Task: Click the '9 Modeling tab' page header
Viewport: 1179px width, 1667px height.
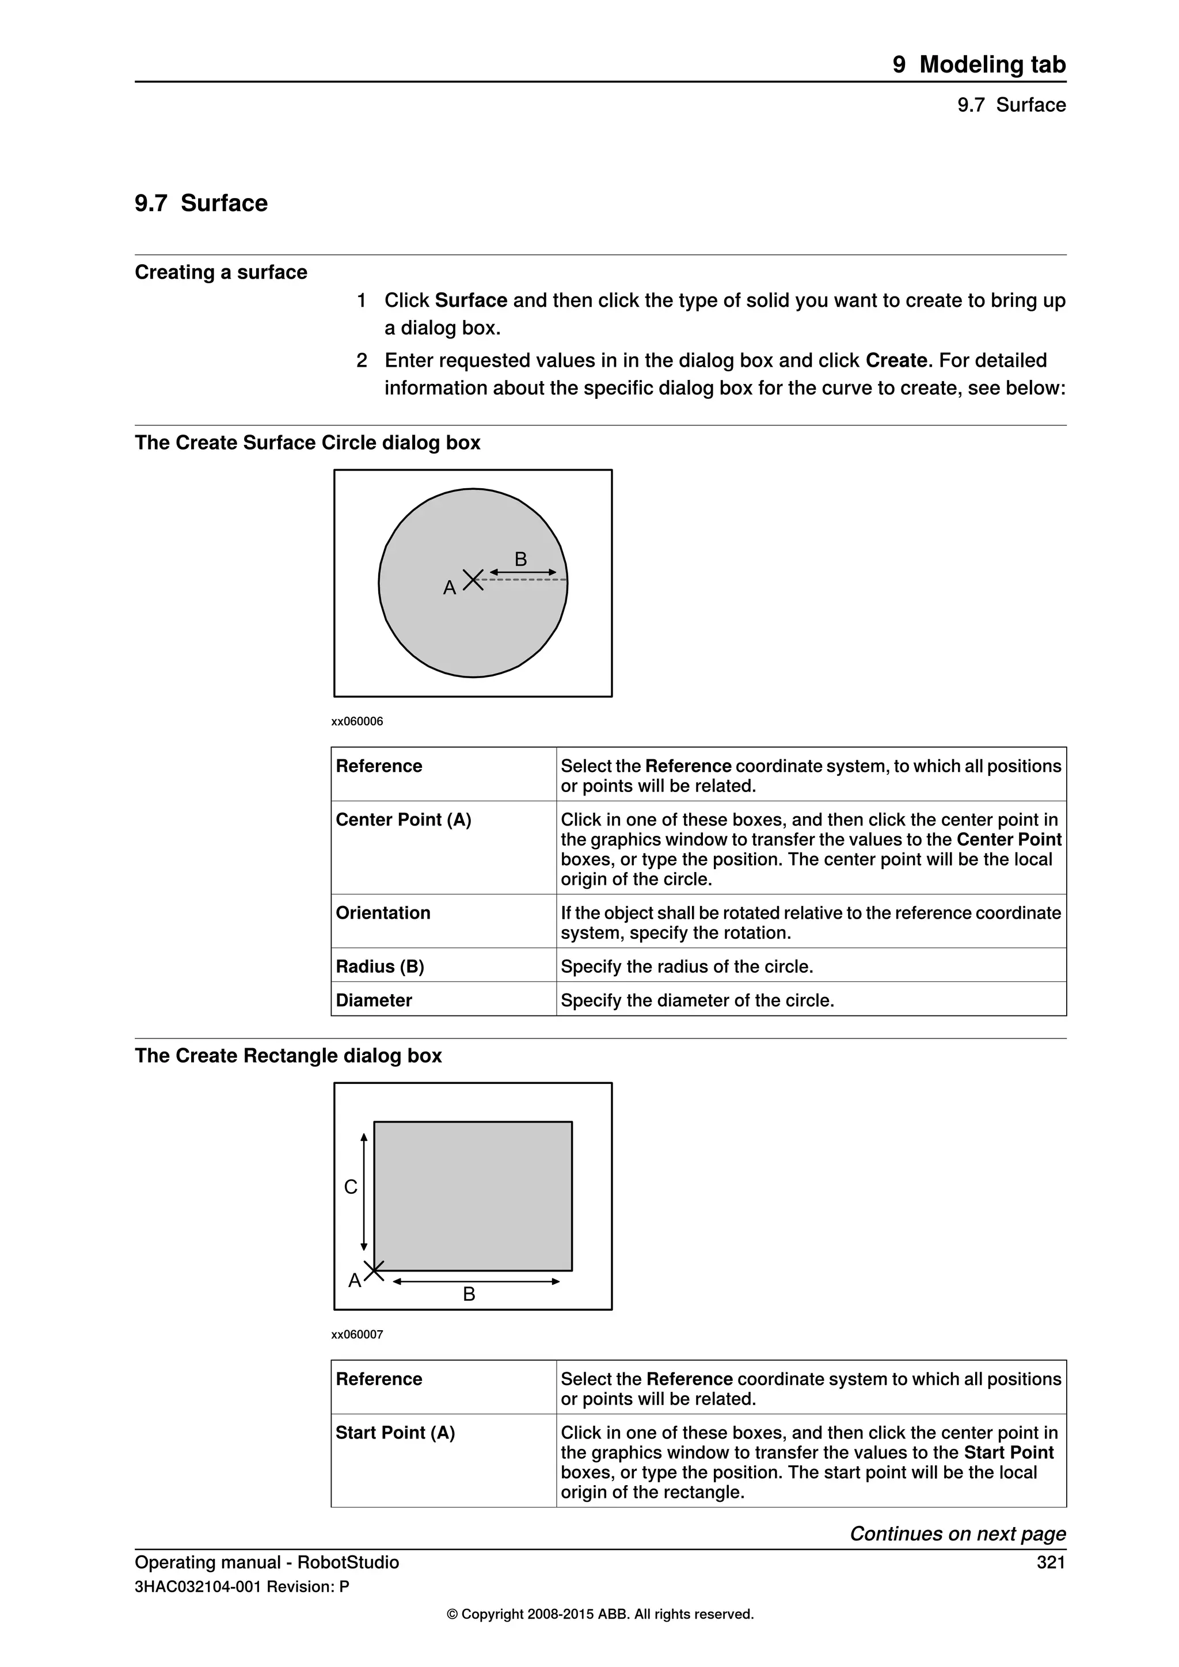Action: pos(979,64)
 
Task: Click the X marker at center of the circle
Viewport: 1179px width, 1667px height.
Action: pos(473,580)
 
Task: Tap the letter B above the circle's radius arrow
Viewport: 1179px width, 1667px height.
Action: pos(520,559)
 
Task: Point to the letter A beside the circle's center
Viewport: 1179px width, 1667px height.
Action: pos(450,587)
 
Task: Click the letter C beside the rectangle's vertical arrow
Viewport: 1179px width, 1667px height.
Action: pos(351,1187)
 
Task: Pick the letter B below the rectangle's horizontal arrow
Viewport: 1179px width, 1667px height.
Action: pos(469,1294)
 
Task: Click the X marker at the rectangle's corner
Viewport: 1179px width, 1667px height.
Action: pos(374,1270)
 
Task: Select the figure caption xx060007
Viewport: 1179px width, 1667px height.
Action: pos(357,1334)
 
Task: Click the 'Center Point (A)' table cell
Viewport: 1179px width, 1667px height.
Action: pos(404,820)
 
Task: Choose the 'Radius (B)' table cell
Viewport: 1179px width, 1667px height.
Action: pos(380,966)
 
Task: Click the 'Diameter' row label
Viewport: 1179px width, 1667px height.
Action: pos(374,1000)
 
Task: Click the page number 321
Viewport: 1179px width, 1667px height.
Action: pos(1051,1562)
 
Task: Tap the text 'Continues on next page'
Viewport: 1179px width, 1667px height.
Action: pos(957,1533)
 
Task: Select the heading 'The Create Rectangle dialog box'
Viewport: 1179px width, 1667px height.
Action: pos(288,1056)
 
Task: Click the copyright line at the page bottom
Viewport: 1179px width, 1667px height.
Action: pos(600,1614)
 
